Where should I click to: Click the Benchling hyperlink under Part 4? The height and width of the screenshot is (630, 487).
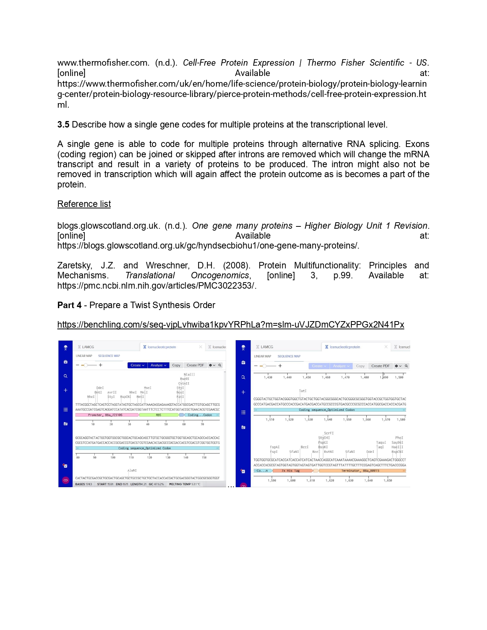coord(230,325)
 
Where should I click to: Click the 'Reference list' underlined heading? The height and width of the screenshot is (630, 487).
coord(84,204)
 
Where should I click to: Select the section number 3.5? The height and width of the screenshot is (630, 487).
coord(63,124)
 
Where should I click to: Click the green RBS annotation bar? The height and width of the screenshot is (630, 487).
coord(159,415)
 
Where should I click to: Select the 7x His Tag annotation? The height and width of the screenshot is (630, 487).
coord(291,471)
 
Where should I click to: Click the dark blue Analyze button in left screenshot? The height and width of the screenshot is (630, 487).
coord(158,365)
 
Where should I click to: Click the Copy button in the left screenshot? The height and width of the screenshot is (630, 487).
coord(176,365)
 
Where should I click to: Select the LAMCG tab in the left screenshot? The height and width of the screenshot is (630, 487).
coord(87,347)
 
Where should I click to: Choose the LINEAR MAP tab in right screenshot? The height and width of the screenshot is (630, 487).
coord(262,356)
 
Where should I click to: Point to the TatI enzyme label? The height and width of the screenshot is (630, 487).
coord(303,391)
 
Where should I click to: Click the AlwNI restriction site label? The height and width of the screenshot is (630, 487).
coord(132,470)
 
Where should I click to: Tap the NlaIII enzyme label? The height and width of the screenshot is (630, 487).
coord(189,375)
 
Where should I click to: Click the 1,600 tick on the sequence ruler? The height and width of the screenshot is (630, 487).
coord(291,480)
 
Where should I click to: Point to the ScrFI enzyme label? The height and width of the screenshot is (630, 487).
coord(328,433)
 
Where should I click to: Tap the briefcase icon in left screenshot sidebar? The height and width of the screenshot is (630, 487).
coord(65,362)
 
